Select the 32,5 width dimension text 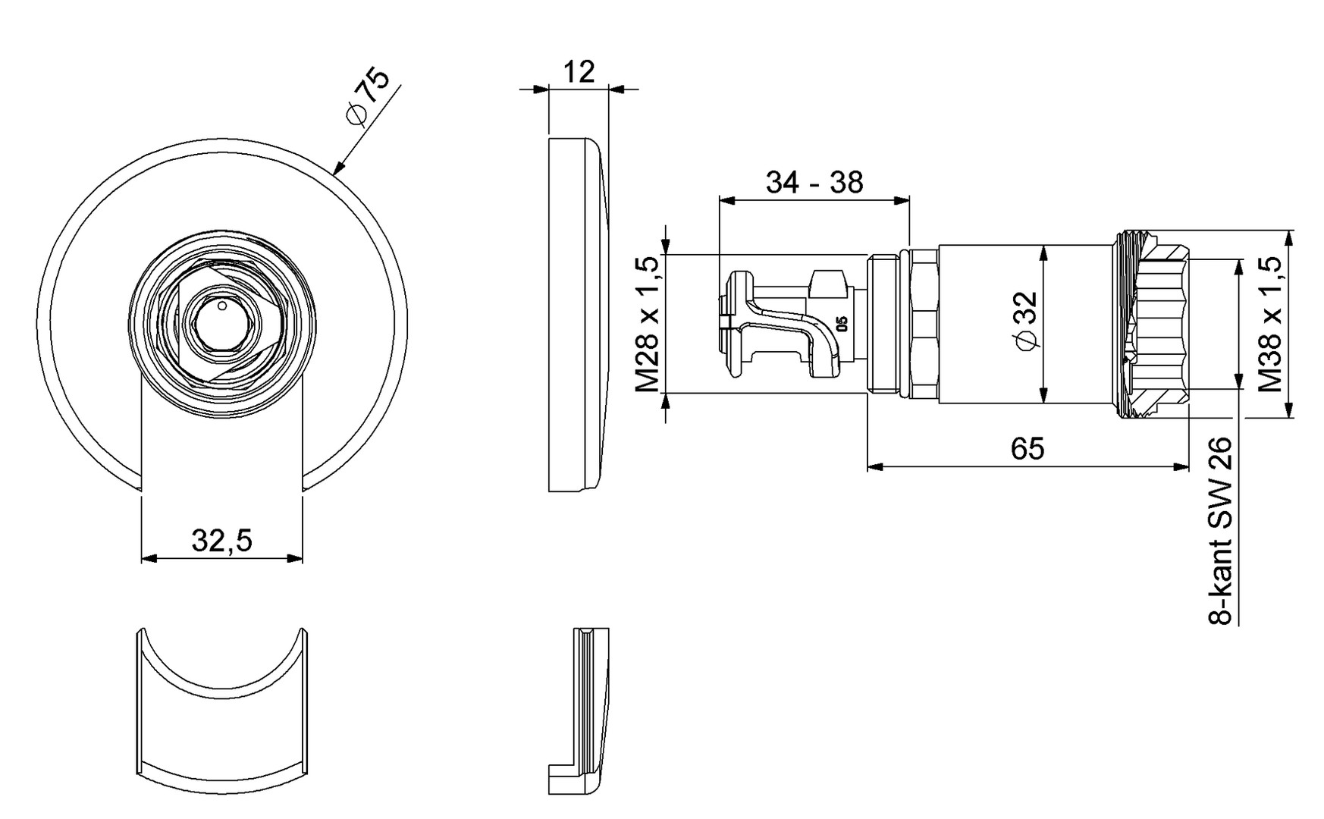click(221, 541)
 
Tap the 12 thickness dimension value click(579, 72)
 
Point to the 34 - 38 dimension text click(814, 183)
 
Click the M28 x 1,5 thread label click(647, 324)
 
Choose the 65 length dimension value click(1028, 449)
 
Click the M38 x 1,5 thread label click(1269, 324)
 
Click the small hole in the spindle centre click(221, 306)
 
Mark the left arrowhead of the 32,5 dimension click(147, 558)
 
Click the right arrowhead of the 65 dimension click(1183, 466)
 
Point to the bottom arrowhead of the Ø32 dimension click(1044, 395)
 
